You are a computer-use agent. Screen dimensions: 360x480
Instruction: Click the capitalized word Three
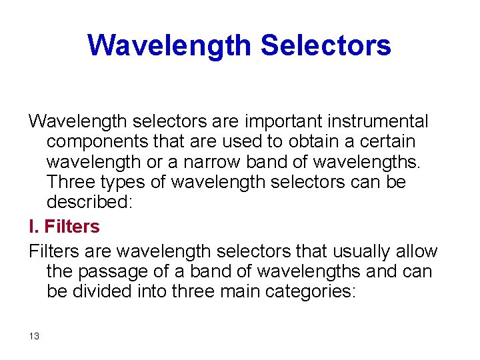(x=71, y=182)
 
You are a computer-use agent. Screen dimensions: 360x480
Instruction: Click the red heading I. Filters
(x=64, y=227)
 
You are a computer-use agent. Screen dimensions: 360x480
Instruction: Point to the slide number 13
(x=34, y=336)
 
